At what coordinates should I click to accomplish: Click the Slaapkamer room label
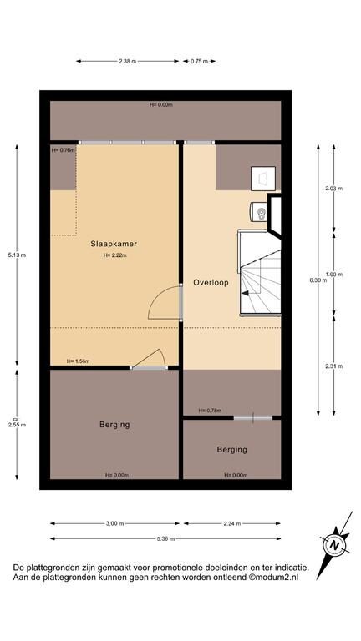(x=114, y=244)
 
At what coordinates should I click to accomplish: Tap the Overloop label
(x=211, y=282)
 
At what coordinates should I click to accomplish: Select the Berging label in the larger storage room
(x=114, y=425)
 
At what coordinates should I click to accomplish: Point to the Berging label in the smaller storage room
(x=232, y=450)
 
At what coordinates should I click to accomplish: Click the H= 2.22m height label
(x=115, y=255)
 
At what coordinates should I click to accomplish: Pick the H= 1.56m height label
(x=79, y=361)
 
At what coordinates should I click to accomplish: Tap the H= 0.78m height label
(x=210, y=411)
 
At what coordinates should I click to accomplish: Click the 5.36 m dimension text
(x=165, y=539)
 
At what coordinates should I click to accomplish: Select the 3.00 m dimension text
(x=114, y=523)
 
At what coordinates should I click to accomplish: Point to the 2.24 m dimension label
(x=232, y=523)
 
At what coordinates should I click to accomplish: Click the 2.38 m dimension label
(x=128, y=61)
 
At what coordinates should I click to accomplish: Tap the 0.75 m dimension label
(x=199, y=61)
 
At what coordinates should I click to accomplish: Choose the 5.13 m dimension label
(x=17, y=255)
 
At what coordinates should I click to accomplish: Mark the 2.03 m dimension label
(x=334, y=189)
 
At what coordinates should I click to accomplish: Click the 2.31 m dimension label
(x=334, y=366)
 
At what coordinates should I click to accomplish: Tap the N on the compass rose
(x=335, y=545)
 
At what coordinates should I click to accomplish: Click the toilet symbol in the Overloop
(x=258, y=212)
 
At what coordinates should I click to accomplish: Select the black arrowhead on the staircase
(x=245, y=293)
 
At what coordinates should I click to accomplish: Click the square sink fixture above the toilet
(x=263, y=179)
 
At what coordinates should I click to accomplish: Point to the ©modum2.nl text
(x=274, y=578)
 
